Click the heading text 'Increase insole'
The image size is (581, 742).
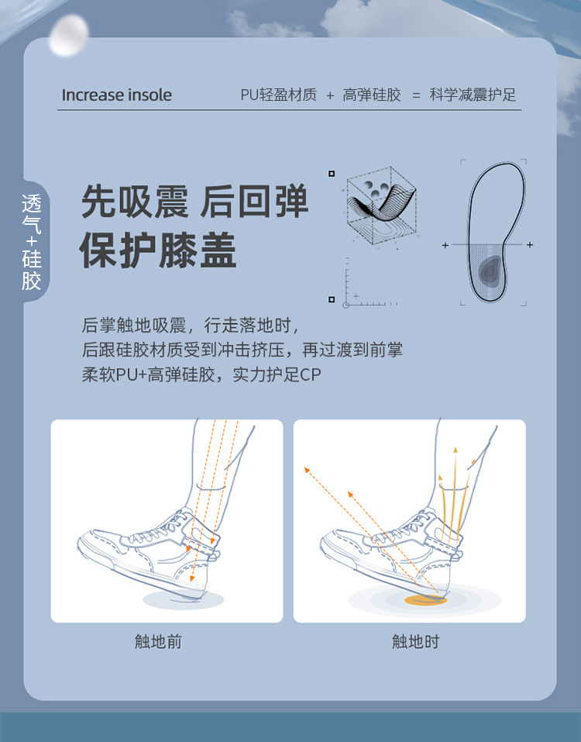tap(116, 95)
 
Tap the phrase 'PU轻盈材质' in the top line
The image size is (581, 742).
tap(278, 95)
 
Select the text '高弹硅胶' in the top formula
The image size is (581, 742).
tap(372, 95)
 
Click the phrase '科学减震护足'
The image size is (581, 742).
tap(473, 95)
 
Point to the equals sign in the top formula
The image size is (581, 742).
tap(416, 95)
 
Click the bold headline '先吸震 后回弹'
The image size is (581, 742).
tap(195, 202)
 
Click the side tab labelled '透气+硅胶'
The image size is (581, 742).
tap(32, 242)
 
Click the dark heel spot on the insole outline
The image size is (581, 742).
tap(490, 269)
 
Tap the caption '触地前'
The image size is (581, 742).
tap(158, 642)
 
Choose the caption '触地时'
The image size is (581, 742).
tap(415, 642)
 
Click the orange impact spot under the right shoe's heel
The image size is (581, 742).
tap(425, 599)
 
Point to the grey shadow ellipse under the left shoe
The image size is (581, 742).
tap(184, 599)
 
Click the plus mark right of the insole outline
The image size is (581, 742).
tap(530, 245)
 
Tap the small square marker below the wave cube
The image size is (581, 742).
tap(332, 299)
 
